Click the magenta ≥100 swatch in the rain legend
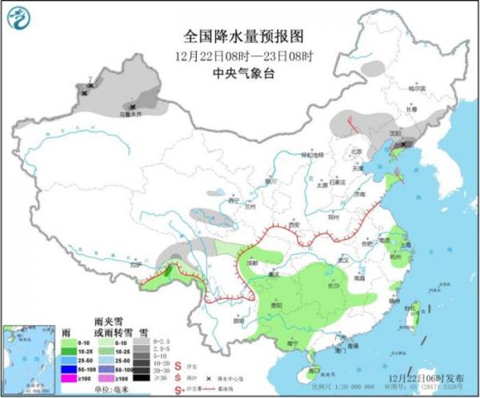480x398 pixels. [x=70, y=377]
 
